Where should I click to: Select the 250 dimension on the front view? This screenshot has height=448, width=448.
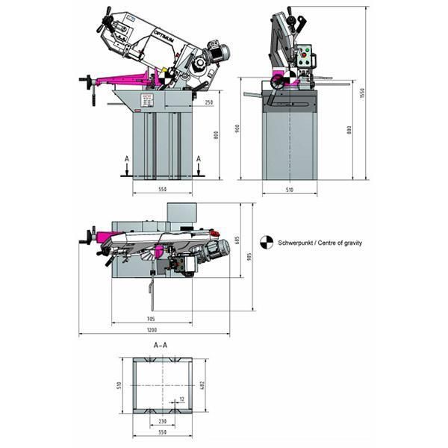208,102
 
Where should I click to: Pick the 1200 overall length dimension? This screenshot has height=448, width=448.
152,330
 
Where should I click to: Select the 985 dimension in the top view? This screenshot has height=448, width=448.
250,256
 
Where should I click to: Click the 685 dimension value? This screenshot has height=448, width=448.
237,240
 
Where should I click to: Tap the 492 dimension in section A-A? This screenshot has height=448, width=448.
202,385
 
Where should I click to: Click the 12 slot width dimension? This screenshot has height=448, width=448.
181,399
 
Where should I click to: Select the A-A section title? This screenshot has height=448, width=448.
160,346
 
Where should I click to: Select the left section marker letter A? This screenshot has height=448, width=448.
127,159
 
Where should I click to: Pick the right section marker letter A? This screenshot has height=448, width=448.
199,159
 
